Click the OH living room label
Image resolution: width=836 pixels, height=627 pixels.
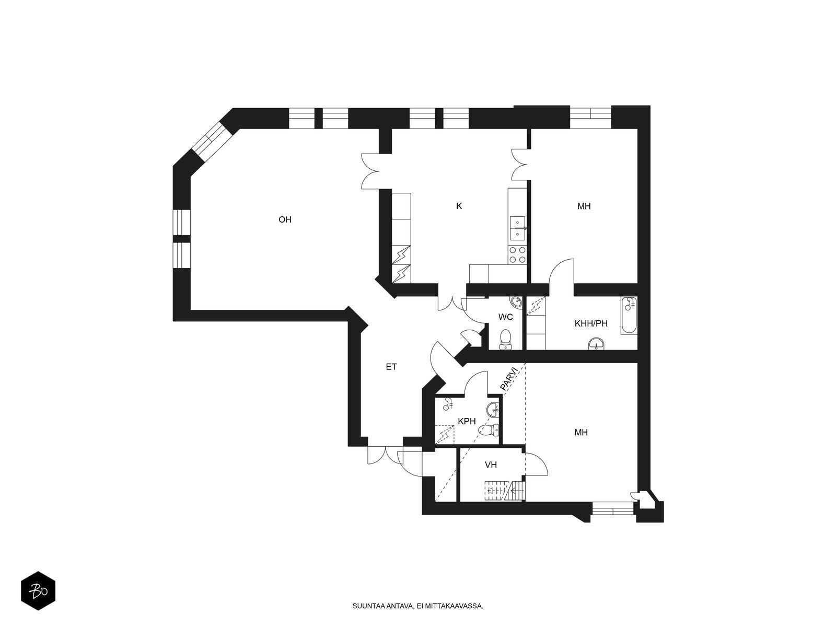pyautogui.click(x=285, y=220)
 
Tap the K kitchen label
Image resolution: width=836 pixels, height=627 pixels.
pyautogui.click(x=459, y=206)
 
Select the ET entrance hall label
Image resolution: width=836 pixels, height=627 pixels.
pyautogui.click(x=391, y=367)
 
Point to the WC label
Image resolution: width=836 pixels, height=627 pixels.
pyautogui.click(x=505, y=317)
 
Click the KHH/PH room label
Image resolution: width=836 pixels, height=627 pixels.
pyautogui.click(x=591, y=323)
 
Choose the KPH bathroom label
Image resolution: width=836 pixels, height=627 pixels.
pyautogui.click(x=466, y=421)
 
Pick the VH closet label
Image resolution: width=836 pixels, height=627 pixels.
pyautogui.click(x=491, y=464)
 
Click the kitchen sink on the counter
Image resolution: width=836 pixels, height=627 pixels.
pyautogui.click(x=518, y=228)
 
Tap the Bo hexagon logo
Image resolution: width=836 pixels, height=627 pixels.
pyautogui.click(x=38, y=592)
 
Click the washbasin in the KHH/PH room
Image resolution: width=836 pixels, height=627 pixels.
pyautogui.click(x=597, y=343)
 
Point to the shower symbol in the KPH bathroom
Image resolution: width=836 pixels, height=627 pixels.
pyautogui.click(x=448, y=404)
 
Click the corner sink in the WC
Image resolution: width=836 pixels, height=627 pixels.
pyautogui.click(x=516, y=302)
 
